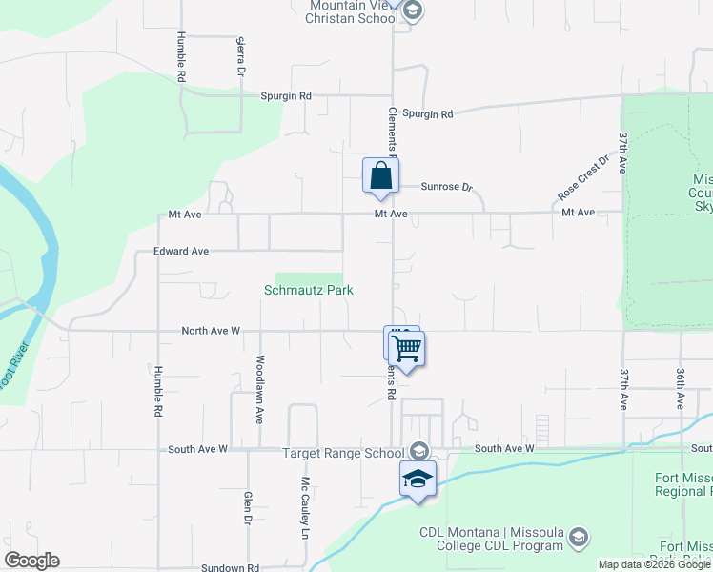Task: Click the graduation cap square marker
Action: point(418,479)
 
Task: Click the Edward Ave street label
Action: point(181,251)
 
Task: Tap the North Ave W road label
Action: point(211,331)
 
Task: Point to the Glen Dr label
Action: point(247,507)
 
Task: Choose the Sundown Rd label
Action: point(231,567)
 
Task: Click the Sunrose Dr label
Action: point(447,188)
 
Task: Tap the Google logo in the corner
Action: point(31,561)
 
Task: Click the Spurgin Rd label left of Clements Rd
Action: point(286,96)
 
